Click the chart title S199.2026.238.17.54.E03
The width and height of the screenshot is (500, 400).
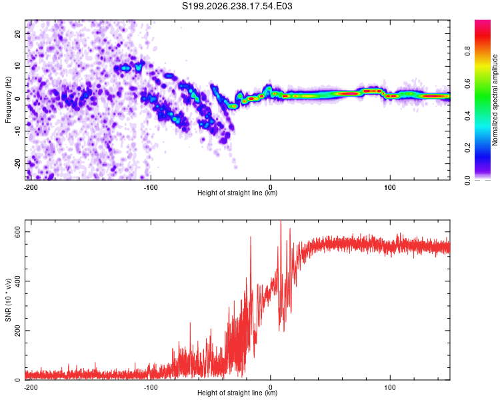[237, 6]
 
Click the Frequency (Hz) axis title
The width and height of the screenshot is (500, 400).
[8, 100]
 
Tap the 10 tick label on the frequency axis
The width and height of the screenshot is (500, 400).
[17, 66]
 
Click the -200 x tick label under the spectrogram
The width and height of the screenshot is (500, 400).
[31, 187]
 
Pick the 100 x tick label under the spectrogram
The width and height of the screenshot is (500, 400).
[390, 187]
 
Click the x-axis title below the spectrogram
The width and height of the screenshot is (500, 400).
[237, 193]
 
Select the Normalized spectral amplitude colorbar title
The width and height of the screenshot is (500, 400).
[495, 100]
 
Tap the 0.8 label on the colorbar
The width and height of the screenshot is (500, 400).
[468, 51]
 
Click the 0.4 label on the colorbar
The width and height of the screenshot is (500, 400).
[468, 116]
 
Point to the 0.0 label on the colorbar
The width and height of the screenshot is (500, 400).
[468, 181]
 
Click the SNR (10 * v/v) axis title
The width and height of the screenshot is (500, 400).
[8, 300]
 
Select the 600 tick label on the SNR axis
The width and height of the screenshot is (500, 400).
[17, 232]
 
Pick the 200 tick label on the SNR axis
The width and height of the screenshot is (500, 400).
[17, 331]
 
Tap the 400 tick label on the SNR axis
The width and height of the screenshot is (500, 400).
[17, 281]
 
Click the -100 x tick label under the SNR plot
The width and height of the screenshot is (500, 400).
[151, 387]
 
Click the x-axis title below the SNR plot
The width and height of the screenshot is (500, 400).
[237, 393]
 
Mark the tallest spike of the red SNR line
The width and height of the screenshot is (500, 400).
[281, 221]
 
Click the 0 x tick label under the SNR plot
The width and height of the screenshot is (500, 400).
[271, 387]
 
